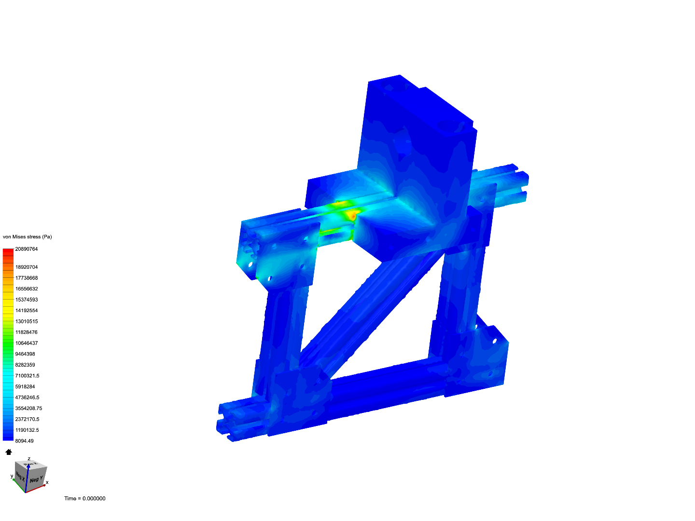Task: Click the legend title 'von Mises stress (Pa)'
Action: click(x=27, y=237)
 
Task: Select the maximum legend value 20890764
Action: click(x=27, y=249)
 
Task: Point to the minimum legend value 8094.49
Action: click(x=25, y=441)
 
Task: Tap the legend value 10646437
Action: click(x=27, y=343)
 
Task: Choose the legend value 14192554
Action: click(x=27, y=311)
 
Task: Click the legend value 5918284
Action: click(x=25, y=386)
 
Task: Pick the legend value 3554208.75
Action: click(x=28, y=408)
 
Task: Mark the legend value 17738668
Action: click(x=27, y=278)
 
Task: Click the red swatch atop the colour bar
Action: click(x=8, y=251)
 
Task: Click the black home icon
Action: click(x=8, y=452)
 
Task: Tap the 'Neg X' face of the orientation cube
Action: click(x=20, y=475)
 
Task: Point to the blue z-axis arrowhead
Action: click(x=29, y=464)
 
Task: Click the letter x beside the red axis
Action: click(x=47, y=482)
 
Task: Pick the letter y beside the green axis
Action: click(x=12, y=476)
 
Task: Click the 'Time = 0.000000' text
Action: click(x=85, y=498)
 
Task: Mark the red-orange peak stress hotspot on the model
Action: click(x=353, y=215)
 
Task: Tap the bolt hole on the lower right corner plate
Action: click(x=494, y=341)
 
